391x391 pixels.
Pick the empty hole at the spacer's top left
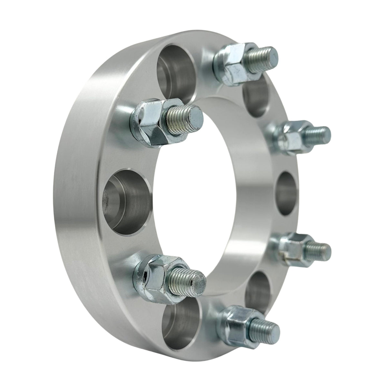pyautogui.click(x=176, y=69)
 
